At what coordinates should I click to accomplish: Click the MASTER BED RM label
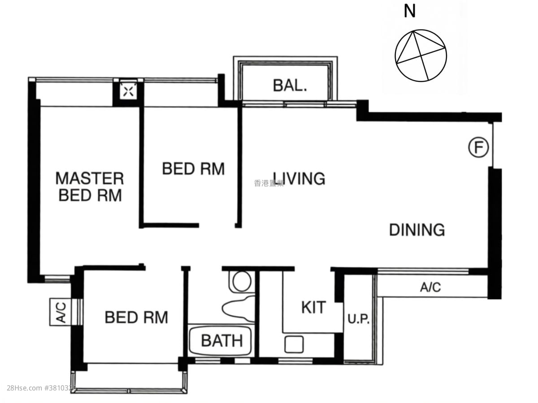pyautogui.click(x=90, y=187)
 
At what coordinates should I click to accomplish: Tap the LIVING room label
pyautogui.click(x=299, y=178)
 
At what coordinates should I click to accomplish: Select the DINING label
pyautogui.click(x=417, y=230)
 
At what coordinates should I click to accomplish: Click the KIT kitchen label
pyautogui.click(x=313, y=308)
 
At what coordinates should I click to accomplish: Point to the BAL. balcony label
pyautogui.click(x=290, y=85)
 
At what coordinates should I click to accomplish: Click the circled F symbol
pyautogui.click(x=478, y=148)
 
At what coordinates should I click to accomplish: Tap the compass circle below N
pyautogui.click(x=421, y=56)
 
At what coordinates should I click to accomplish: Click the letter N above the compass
pyautogui.click(x=409, y=11)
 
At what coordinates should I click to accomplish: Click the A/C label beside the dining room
pyautogui.click(x=430, y=287)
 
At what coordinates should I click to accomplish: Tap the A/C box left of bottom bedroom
pyautogui.click(x=61, y=312)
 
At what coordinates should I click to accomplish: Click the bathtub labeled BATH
pyautogui.click(x=220, y=341)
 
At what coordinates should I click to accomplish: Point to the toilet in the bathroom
pyautogui.click(x=242, y=281)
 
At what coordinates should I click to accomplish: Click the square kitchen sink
pyautogui.click(x=294, y=344)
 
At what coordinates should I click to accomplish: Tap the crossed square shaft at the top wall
pyautogui.click(x=128, y=92)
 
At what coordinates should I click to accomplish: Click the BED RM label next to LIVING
pyautogui.click(x=193, y=169)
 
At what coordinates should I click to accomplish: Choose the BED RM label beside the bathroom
pyautogui.click(x=136, y=317)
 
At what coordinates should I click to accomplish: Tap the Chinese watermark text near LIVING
pyautogui.click(x=269, y=183)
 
